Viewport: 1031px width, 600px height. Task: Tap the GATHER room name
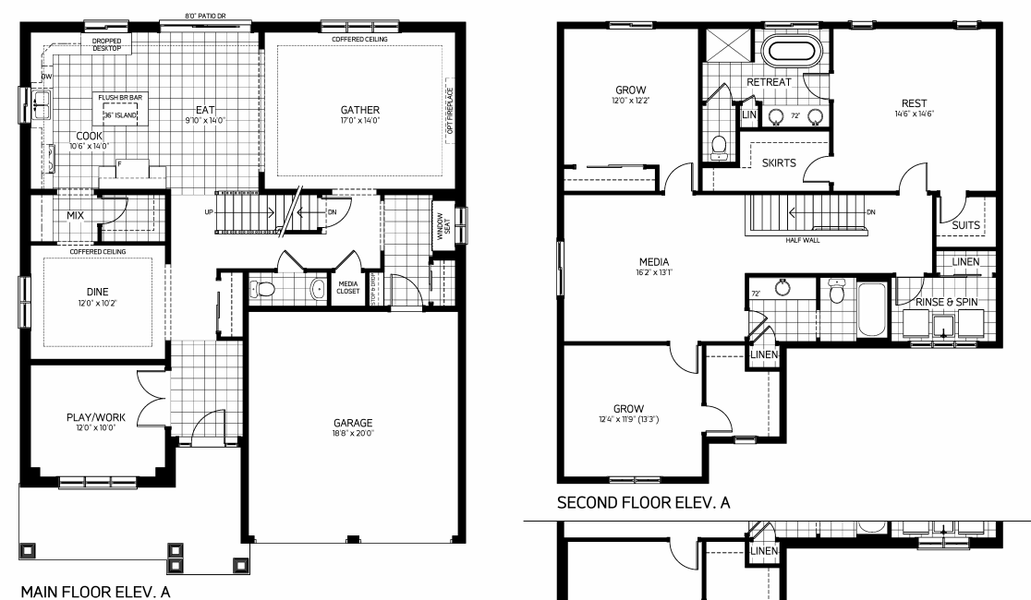(360, 110)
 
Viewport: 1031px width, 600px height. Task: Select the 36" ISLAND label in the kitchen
(120, 115)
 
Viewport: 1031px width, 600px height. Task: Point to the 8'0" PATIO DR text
(205, 16)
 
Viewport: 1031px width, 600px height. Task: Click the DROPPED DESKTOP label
(112, 43)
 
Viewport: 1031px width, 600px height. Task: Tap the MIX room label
(75, 215)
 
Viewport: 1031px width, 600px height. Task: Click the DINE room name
(98, 292)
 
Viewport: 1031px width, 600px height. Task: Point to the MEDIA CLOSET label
(348, 287)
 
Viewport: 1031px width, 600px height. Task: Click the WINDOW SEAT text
(443, 227)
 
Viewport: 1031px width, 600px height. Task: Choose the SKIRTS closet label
(779, 163)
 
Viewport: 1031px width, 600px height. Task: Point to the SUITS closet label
(966, 224)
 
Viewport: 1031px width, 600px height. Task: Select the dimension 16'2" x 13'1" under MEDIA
(653, 273)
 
